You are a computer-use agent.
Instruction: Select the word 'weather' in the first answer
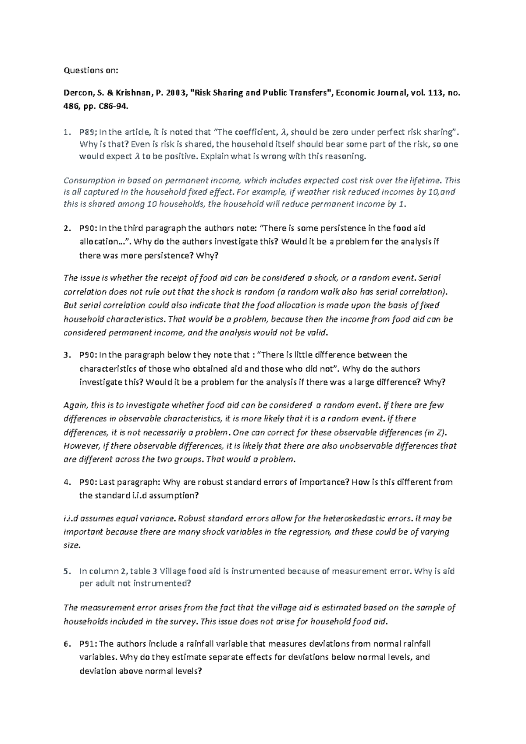[x=309, y=192]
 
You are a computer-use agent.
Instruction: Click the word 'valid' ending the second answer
[x=318, y=333]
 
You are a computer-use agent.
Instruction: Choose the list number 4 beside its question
[x=66, y=482]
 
